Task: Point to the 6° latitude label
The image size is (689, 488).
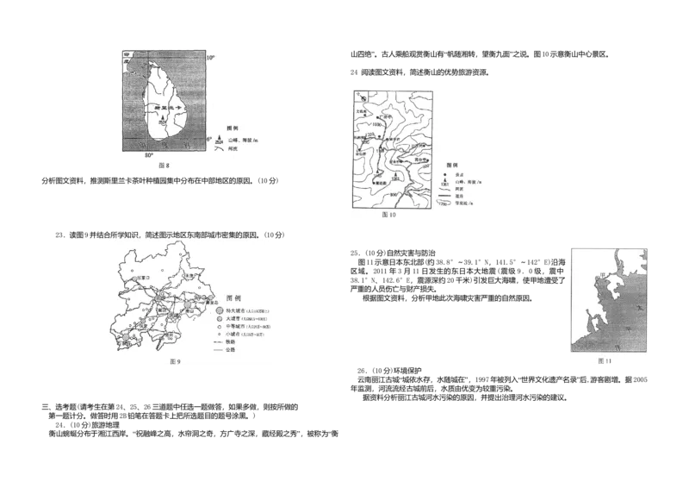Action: point(209,138)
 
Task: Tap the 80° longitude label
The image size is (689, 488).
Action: point(148,155)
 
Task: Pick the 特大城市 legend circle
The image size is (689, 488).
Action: point(219,310)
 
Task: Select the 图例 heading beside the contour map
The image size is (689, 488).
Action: point(453,164)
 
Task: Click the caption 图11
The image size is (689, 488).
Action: point(605,361)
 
